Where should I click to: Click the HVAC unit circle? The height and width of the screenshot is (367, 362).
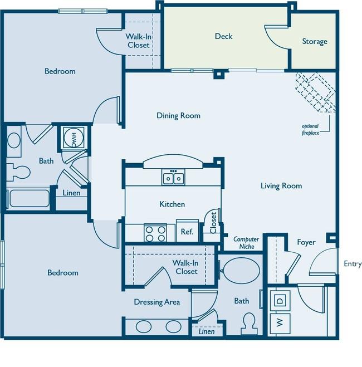(x=74, y=137)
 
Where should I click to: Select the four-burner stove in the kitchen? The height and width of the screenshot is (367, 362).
(x=155, y=233)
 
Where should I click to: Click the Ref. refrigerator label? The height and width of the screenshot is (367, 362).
(x=187, y=232)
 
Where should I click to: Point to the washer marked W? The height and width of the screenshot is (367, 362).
(x=280, y=323)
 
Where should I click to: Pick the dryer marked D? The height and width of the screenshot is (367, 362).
(x=280, y=300)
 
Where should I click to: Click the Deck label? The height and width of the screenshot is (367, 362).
(x=224, y=36)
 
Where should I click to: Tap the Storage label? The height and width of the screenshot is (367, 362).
(x=315, y=41)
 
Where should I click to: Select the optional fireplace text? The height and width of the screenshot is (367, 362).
(x=311, y=129)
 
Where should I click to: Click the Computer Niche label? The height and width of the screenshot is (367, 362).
(x=246, y=243)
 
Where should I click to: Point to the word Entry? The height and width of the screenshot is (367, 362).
(x=353, y=264)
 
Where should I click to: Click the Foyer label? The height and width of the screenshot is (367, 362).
(x=306, y=242)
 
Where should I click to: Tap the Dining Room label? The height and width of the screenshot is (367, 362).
(x=179, y=116)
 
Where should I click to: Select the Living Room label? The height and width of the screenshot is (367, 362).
(x=281, y=186)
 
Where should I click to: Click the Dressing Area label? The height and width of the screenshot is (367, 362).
(x=157, y=302)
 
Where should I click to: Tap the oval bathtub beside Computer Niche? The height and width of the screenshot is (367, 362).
(x=242, y=271)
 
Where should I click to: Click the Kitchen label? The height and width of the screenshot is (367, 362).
(x=172, y=204)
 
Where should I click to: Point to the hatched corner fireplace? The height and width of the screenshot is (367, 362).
(x=316, y=92)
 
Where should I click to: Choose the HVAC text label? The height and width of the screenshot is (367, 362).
(x=74, y=140)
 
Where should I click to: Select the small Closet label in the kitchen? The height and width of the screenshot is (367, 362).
(x=213, y=223)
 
